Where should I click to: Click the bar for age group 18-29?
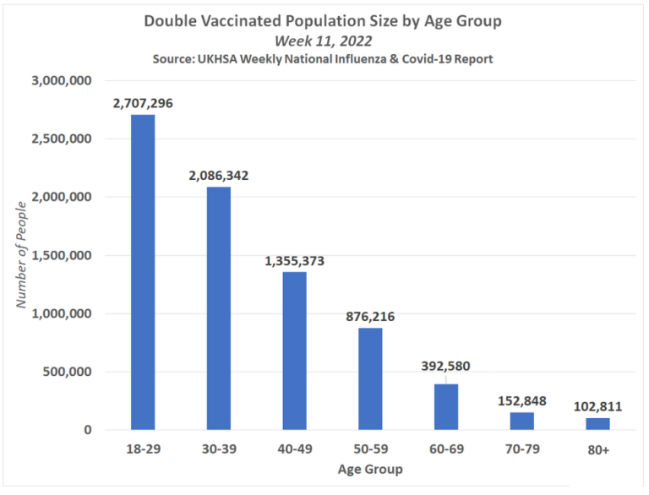coord(142,272)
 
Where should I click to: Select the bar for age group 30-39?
coord(218,308)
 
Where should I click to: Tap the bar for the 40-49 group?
coord(294,351)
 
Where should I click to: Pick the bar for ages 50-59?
coord(370,378)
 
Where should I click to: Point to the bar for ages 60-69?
coord(446,407)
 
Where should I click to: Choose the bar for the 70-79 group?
coord(521,421)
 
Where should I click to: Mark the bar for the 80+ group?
coord(597,424)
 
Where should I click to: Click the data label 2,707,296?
coord(142,103)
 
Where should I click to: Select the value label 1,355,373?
coord(294,261)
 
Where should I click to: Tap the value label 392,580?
coord(445,367)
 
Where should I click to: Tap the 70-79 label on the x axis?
coord(521,450)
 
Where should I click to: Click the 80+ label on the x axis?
coord(597,450)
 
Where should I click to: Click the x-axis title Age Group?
coord(369,469)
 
